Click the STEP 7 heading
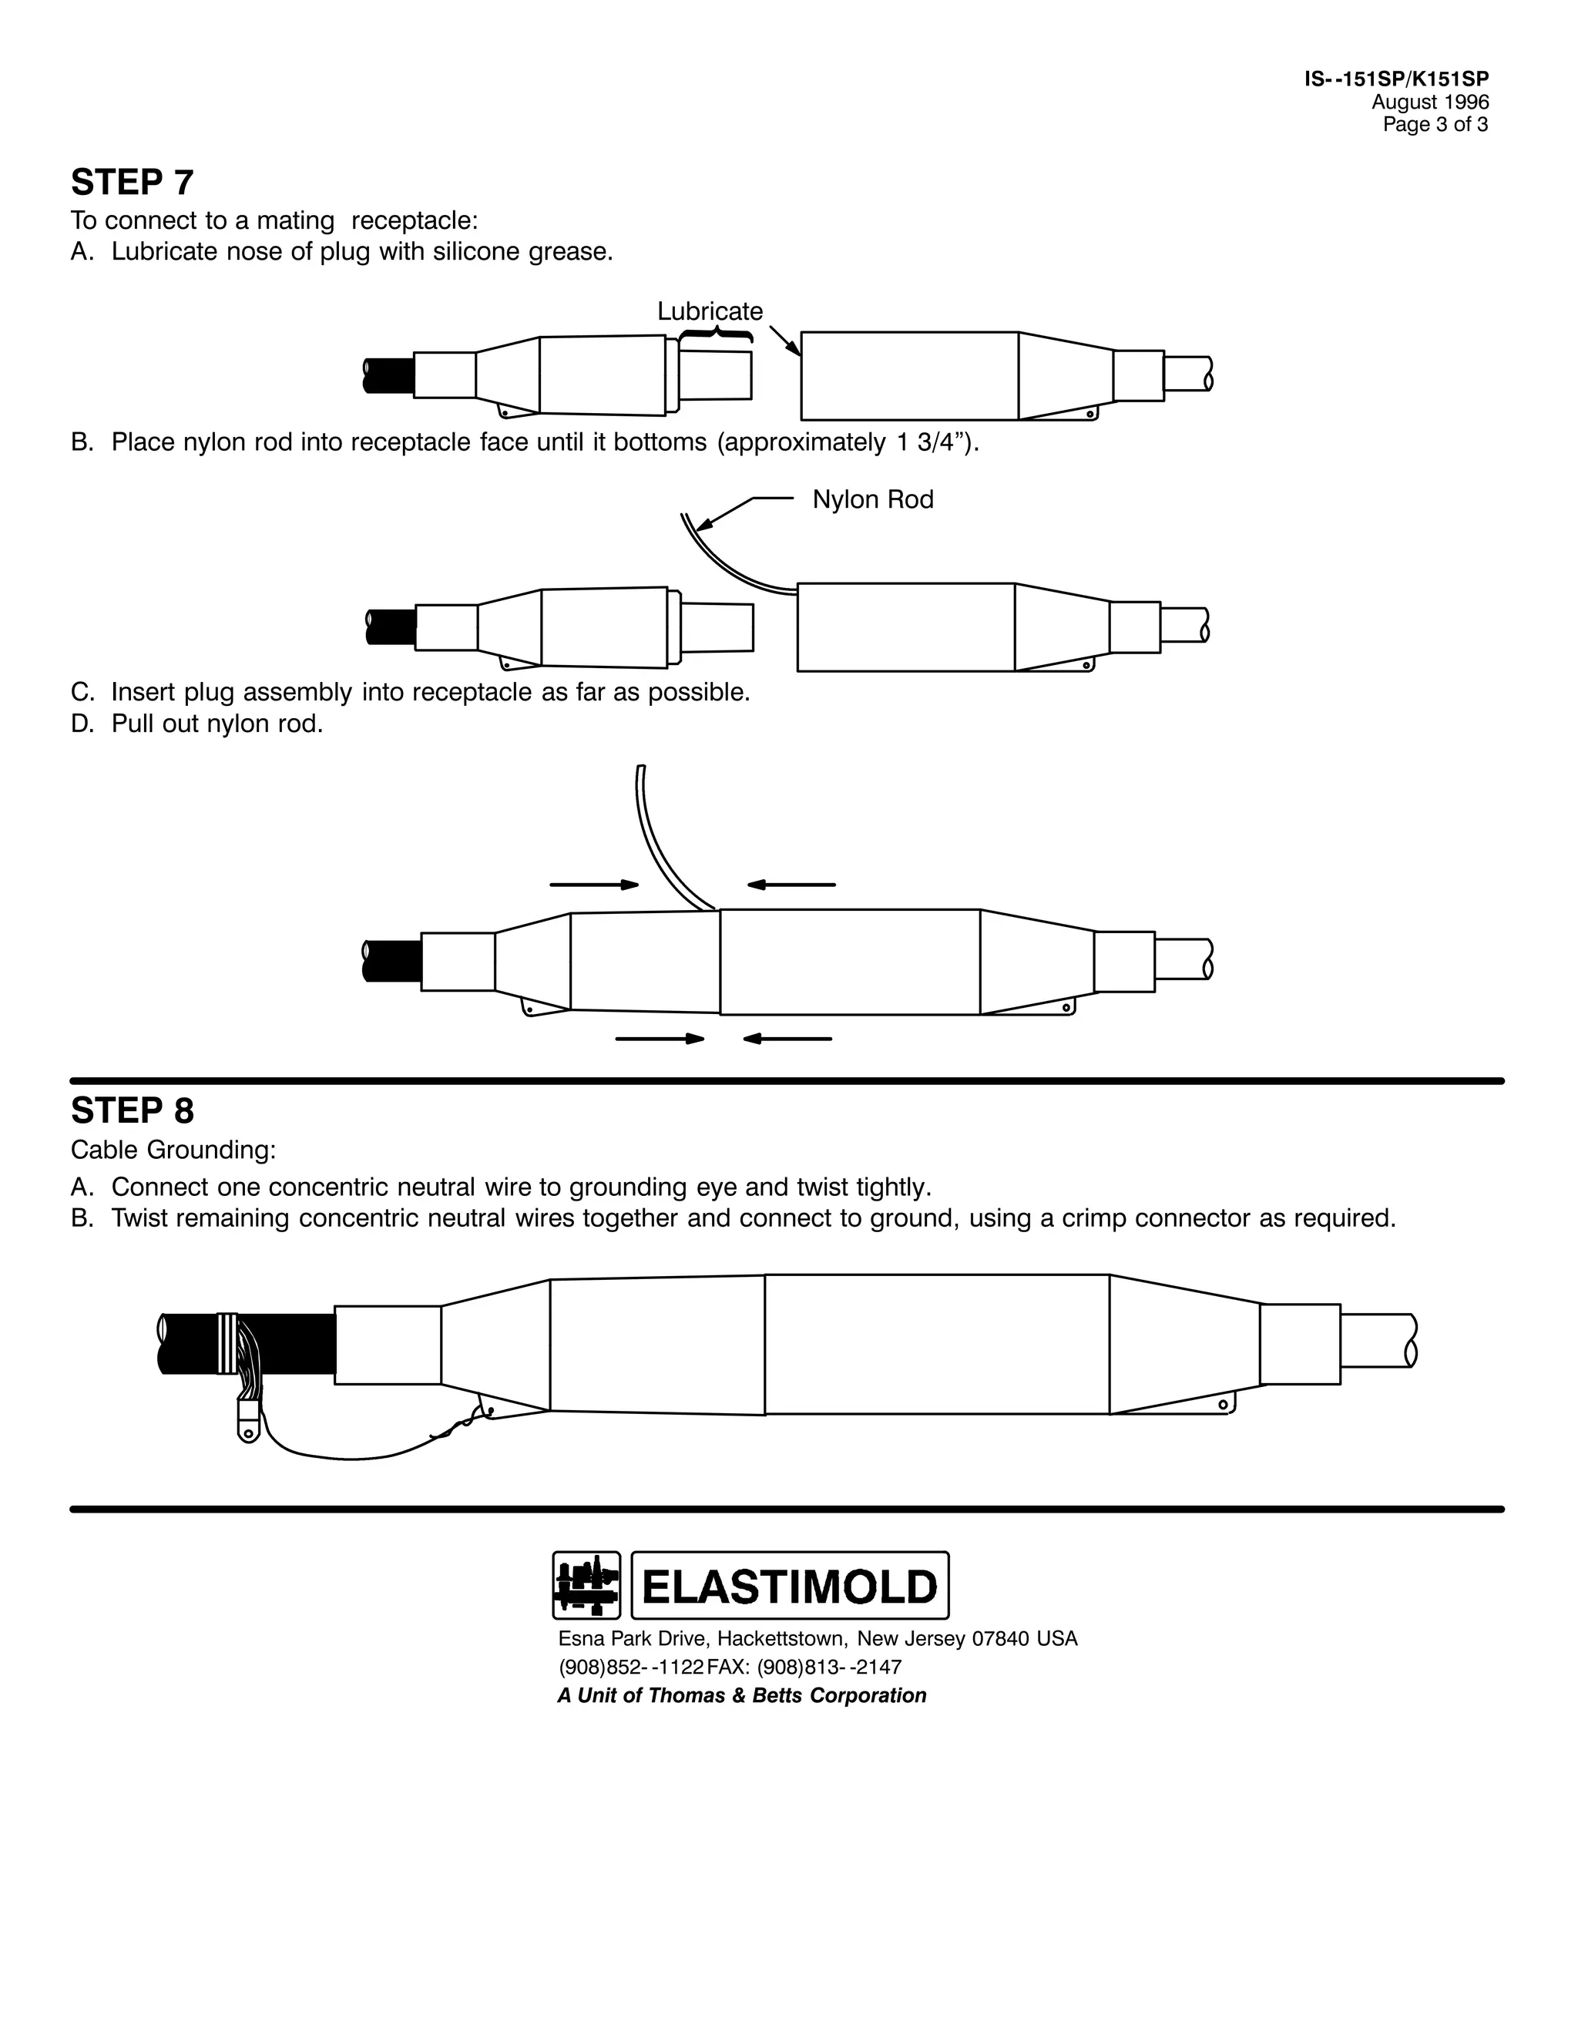[132, 183]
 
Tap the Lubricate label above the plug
[710, 311]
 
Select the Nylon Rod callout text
[872, 499]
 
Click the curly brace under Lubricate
[716, 334]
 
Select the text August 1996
[1429, 102]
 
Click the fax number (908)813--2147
[829, 1667]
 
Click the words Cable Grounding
[173, 1150]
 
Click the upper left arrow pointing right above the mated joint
[593, 884]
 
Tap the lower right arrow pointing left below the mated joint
[787, 1039]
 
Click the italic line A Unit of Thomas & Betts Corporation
[741, 1695]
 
